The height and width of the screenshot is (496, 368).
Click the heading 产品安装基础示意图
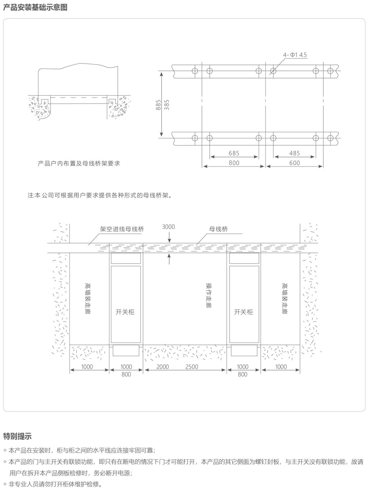pyautogui.click(x=35, y=7)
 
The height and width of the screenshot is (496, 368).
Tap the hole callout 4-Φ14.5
pyautogui.click(x=295, y=55)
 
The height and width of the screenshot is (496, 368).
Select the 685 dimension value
pyautogui.click(x=234, y=153)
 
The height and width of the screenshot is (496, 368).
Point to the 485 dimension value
pyautogui.click(x=294, y=153)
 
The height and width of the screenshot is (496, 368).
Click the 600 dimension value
pyautogui.click(x=294, y=163)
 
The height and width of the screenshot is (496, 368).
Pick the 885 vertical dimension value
pyautogui.click(x=159, y=105)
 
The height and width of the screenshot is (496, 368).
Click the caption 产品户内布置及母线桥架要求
pyautogui.click(x=79, y=164)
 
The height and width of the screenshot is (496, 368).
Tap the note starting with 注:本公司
pyautogui.click(x=100, y=195)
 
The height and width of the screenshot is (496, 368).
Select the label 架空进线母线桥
pyautogui.click(x=122, y=229)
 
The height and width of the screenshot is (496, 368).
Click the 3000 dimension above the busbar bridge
pyautogui.click(x=168, y=227)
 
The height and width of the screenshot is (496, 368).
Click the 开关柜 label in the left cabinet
pyautogui.click(x=125, y=312)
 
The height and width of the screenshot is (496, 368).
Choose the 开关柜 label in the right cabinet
pyautogui.click(x=243, y=312)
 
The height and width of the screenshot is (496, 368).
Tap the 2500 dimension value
pyautogui.click(x=191, y=367)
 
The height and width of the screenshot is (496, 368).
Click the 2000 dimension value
pyautogui.click(x=163, y=367)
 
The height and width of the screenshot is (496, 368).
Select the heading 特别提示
pyautogui.click(x=17, y=436)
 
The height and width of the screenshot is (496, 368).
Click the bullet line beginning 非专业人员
pyautogui.click(x=53, y=484)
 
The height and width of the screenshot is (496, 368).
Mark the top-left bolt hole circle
pyautogui.click(x=195, y=70)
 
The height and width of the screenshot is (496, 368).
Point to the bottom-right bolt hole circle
pyautogui.click(x=330, y=138)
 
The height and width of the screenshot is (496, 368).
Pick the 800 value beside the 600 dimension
pyautogui.click(x=234, y=163)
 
